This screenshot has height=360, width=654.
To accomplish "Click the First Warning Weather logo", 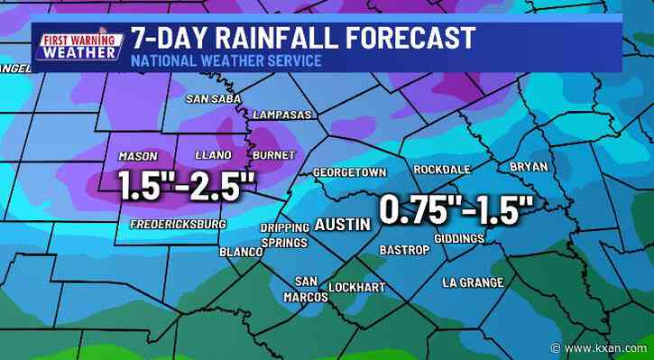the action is coord(78,44).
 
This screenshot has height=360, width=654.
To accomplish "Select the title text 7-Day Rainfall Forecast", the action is coord(302,38).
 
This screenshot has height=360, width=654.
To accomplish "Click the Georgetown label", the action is coord(350,171).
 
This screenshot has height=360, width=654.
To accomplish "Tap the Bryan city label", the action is coord(529,167).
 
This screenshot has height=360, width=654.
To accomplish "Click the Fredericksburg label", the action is coord(177,224).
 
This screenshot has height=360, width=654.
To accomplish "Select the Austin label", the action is coord(341,223).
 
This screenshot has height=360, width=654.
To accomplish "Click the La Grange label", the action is coord(473,282).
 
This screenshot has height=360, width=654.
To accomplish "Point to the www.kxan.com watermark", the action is coord(607,347).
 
